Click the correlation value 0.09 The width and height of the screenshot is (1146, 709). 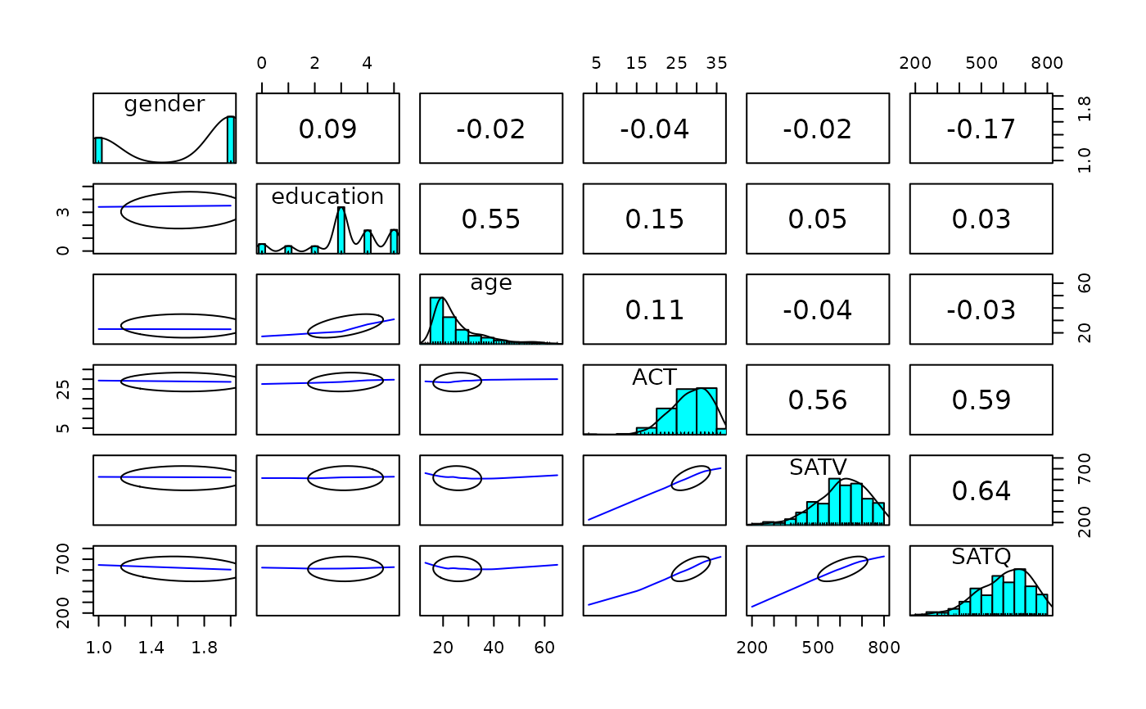pyautogui.click(x=327, y=129)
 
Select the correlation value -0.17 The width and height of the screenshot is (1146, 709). pyautogui.click(x=981, y=129)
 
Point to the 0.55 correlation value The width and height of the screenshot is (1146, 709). pyautogui.click(x=491, y=219)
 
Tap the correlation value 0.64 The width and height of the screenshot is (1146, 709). pyautogui.click(x=981, y=490)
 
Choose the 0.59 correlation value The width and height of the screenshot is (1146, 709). pyautogui.click(x=981, y=400)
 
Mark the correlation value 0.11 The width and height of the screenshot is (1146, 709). pyautogui.click(x=654, y=310)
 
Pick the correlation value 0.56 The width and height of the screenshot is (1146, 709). pyautogui.click(x=818, y=400)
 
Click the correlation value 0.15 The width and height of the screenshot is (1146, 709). pyautogui.click(x=654, y=219)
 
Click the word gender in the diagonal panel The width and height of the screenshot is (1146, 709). pyautogui.click(x=165, y=104)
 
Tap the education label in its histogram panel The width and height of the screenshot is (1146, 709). pyautogui.click(x=327, y=196)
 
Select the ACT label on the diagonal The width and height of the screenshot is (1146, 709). pyautogui.click(x=654, y=377)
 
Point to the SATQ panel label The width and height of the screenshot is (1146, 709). pyautogui.click(x=981, y=558)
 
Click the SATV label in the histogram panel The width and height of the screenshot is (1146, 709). pyautogui.click(x=818, y=467)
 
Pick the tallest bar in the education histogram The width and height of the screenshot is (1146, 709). pyautogui.click(x=341, y=230)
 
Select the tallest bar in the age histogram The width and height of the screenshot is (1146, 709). pyautogui.click(x=436, y=319)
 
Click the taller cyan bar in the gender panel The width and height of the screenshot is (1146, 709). pyautogui.click(x=231, y=139)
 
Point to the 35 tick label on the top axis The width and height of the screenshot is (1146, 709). pyautogui.click(x=716, y=64)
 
